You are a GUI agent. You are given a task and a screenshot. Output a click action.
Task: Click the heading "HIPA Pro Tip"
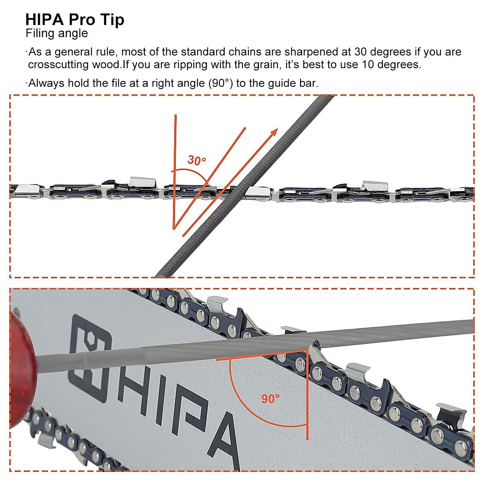pyautogui.click(x=75, y=19)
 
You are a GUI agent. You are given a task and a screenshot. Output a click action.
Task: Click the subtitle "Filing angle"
pyautogui.click(x=56, y=33)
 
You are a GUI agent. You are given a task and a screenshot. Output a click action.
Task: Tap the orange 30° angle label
pyautogui.click(x=196, y=161)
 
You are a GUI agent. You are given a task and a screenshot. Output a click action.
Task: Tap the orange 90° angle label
pyautogui.click(x=270, y=399)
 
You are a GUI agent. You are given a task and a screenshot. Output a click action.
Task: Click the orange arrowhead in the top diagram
pyautogui.click(x=274, y=132)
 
